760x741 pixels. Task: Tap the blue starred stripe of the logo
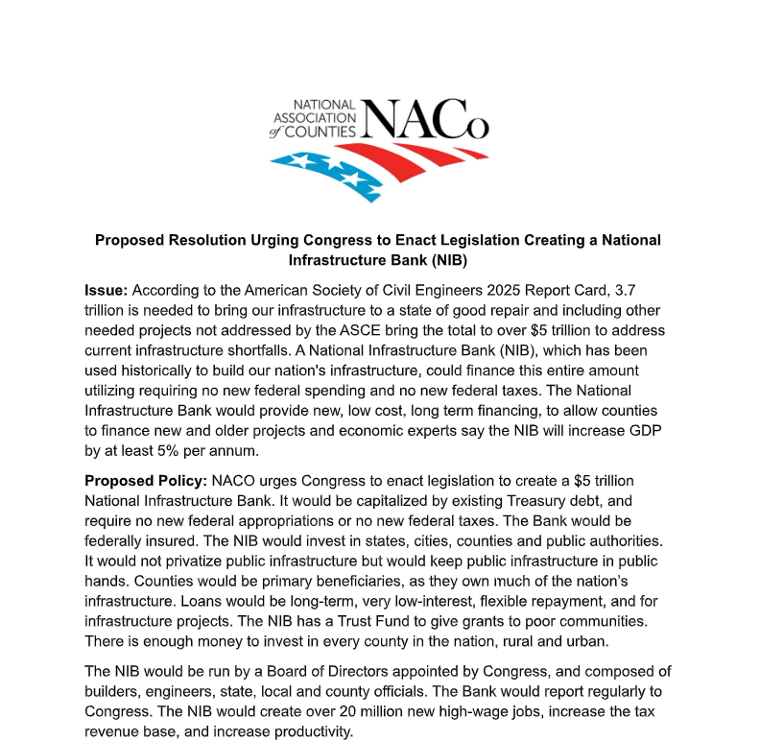pyautogui.click(x=322, y=171)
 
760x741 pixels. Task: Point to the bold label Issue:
pyautogui.click(x=107, y=289)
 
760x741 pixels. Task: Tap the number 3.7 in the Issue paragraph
pyautogui.click(x=625, y=289)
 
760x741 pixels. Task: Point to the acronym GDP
pyautogui.click(x=649, y=430)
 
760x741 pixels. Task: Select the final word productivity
pyautogui.click(x=309, y=731)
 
